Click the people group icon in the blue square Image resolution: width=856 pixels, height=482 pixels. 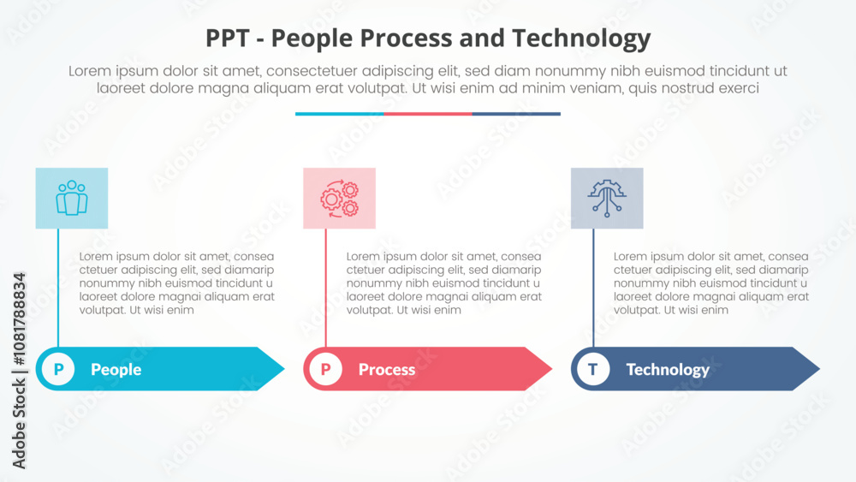pos(72,198)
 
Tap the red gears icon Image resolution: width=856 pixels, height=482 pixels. pos(339,198)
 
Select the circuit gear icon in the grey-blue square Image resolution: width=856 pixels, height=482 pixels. pos(607,198)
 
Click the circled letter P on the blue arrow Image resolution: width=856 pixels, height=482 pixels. pos(58,369)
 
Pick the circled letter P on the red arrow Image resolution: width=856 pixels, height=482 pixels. pos(326,369)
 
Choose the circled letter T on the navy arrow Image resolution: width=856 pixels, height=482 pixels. pos(593,369)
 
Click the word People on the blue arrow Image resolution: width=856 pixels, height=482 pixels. pos(116,370)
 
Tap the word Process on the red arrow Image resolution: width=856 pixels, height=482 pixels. pos(387,370)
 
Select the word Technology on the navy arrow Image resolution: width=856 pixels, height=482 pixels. pos(668,370)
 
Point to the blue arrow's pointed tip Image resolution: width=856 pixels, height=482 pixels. pos(284,368)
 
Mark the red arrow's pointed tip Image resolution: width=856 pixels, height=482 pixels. pos(552,368)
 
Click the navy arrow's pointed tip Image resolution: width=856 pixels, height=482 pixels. pos(819,368)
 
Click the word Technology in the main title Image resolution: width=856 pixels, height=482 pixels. pos(581,39)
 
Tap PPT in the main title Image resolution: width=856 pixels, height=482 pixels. pos(227,39)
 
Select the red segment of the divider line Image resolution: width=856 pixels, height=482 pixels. pos(428,114)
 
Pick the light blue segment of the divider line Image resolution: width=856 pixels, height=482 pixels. pos(340,114)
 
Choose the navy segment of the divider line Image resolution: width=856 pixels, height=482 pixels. pos(516,114)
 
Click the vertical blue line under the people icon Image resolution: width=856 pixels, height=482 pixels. pos(58,288)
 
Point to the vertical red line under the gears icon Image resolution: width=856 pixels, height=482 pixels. pos(326,288)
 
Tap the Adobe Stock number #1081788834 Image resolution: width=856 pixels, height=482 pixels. pos(19,318)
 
